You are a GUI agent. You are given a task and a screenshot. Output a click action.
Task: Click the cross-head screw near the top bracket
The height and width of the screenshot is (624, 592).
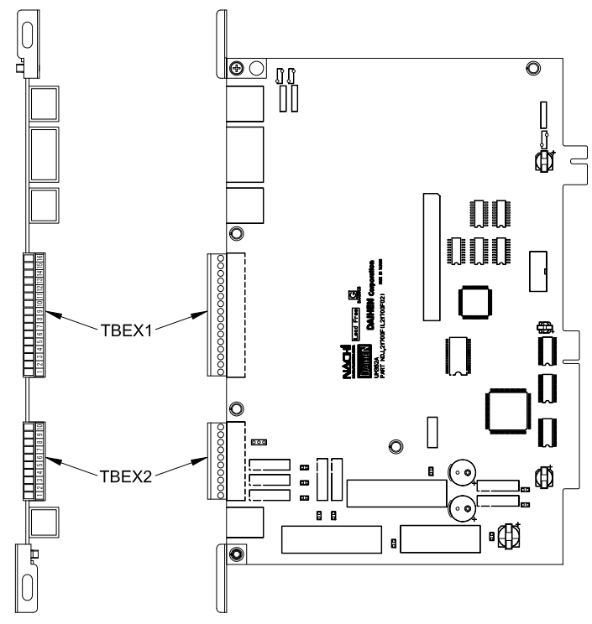coord(239,67)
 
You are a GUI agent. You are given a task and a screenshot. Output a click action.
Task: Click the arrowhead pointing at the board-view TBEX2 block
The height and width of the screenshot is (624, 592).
coord(207,457)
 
